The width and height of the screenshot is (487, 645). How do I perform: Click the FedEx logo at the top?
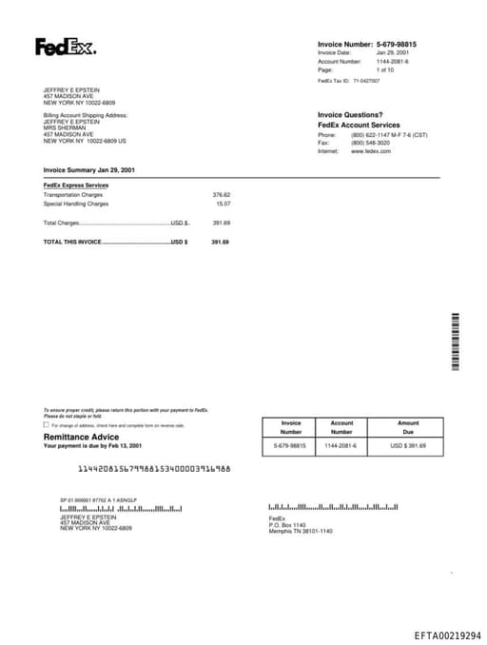(x=65, y=47)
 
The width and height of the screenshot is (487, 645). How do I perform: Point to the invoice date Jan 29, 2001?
(x=393, y=52)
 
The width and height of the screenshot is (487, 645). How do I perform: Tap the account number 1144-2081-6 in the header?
(x=392, y=61)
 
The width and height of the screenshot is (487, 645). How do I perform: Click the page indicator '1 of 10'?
(x=384, y=69)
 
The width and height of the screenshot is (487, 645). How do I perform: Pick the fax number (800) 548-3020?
(x=370, y=143)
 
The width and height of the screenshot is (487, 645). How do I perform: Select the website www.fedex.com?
(x=371, y=150)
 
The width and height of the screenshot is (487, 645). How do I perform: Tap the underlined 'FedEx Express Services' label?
(x=76, y=185)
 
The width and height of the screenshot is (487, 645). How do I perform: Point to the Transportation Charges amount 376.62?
(x=221, y=194)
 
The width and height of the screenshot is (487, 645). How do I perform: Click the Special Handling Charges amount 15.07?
(x=223, y=203)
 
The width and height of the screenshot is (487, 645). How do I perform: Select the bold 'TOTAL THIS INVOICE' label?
(x=72, y=242)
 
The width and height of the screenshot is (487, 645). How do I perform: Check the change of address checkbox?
(x=47, y=425)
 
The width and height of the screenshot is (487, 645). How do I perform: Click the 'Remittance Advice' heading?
(x=75, y=437)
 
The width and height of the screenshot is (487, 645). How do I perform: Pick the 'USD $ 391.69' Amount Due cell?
(x=408, y=445)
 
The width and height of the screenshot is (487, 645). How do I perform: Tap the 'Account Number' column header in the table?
(x=341, y=427)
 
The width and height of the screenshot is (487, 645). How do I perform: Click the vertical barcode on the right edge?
(x=456, y=341)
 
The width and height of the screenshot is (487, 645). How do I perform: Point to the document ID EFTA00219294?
(x=447, y=635)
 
